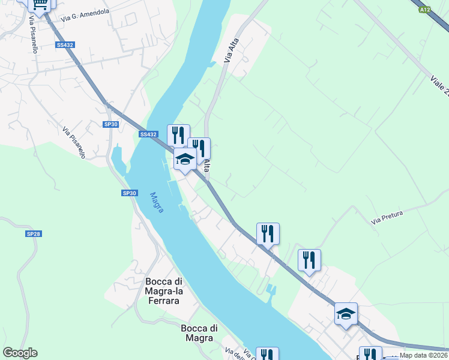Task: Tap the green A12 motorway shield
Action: pyautogui.click(x=425, y=9)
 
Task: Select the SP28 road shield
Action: pyautogui.click(x=33, y=233)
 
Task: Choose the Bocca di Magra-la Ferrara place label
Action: pyautogui.click(x=162, y=291)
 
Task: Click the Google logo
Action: pyautogui.click(x=20, y=353)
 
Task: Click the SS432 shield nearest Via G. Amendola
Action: pyautogui.click(x=64, y=45)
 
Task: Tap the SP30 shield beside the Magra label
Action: pyautogui.click(x=130, y=193)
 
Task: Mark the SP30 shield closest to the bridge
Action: pyautogui.click(x=111, y=124)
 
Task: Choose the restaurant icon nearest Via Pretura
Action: pyautogui.click(x=309, y=260)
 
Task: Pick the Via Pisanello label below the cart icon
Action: pyautogui.click(x=32, y=35)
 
